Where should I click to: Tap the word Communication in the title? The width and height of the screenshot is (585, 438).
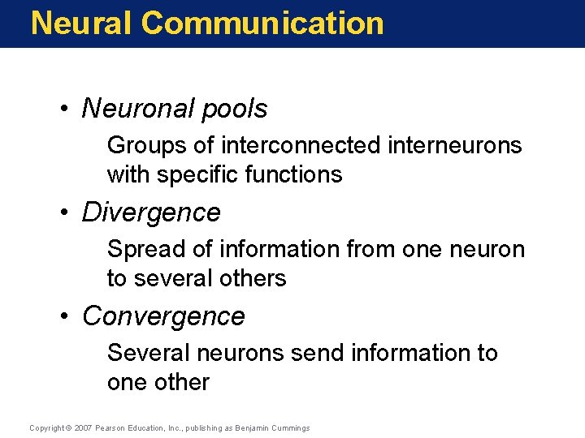pos(262,23)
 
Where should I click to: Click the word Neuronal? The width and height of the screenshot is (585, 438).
pos(139,109)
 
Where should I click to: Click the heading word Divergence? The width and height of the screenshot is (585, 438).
pos(151,213)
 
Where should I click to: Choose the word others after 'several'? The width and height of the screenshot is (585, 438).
pos(251,278)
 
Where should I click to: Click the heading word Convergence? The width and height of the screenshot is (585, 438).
pos(163,316)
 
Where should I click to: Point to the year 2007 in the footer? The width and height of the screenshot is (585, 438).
pos(83,427)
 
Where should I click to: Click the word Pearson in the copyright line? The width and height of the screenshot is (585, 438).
pos(110,427)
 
